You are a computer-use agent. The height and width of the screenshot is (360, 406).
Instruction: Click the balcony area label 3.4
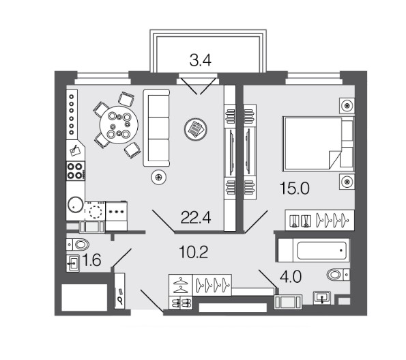200,60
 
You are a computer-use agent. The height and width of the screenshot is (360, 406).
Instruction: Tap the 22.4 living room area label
196,217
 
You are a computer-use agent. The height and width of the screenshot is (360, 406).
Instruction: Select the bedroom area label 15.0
295,188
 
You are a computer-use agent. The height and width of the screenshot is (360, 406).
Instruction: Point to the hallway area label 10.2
193,252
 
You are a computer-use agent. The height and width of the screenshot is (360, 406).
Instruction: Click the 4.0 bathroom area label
291,277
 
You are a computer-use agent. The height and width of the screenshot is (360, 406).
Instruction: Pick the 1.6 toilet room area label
91,260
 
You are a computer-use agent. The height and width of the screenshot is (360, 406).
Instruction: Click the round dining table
119,124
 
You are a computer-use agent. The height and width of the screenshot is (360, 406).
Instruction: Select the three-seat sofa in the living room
157,128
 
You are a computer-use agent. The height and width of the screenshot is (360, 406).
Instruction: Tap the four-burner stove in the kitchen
75,171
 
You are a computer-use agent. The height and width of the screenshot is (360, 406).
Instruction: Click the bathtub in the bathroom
314,251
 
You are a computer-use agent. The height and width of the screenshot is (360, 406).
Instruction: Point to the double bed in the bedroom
318,143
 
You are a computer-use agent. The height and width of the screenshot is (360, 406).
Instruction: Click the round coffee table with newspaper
195,129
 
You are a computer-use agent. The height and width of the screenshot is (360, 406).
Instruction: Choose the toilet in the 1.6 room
78,245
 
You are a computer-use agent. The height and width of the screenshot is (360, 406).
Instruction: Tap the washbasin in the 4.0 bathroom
322,297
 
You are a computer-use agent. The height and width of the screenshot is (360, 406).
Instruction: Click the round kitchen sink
76,205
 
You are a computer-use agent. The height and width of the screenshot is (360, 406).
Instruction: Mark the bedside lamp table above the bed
347,105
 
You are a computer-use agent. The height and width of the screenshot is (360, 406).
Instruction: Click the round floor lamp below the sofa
159,177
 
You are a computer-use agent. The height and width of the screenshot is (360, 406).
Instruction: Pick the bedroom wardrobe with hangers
319,220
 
